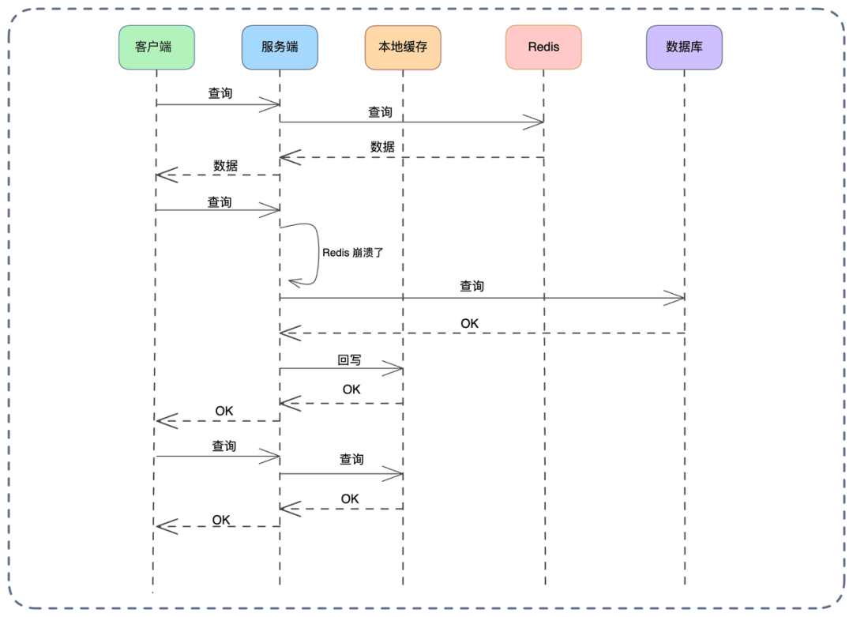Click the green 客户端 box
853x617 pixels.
[156, 47]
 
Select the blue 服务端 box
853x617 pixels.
[280, 47]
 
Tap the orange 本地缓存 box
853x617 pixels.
[403, 47]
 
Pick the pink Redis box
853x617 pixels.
[543, 47]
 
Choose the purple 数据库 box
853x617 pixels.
[684, 47]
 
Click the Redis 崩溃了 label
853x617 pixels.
[352, 253]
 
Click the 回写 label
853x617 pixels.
[349, 360]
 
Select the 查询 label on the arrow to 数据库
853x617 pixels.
[472, 287]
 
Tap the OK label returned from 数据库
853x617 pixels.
[469, 324]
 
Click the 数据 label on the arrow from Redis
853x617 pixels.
[382, 147]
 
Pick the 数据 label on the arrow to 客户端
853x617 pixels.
[225, 166]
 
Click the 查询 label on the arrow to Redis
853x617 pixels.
[380, 112]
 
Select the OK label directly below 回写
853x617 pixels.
[351, 389]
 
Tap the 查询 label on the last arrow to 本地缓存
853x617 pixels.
[351, 459]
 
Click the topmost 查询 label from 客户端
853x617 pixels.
[220, 93]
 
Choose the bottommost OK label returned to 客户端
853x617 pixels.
[221, 520]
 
